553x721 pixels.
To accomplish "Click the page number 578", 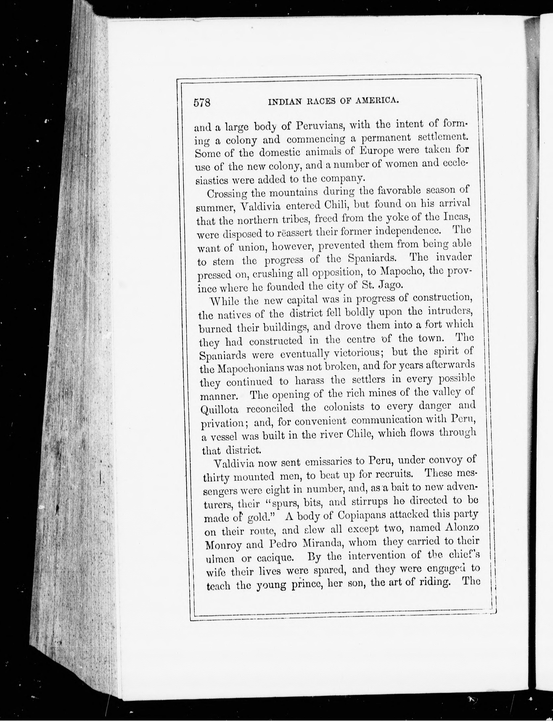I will click(x=202, y=103).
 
